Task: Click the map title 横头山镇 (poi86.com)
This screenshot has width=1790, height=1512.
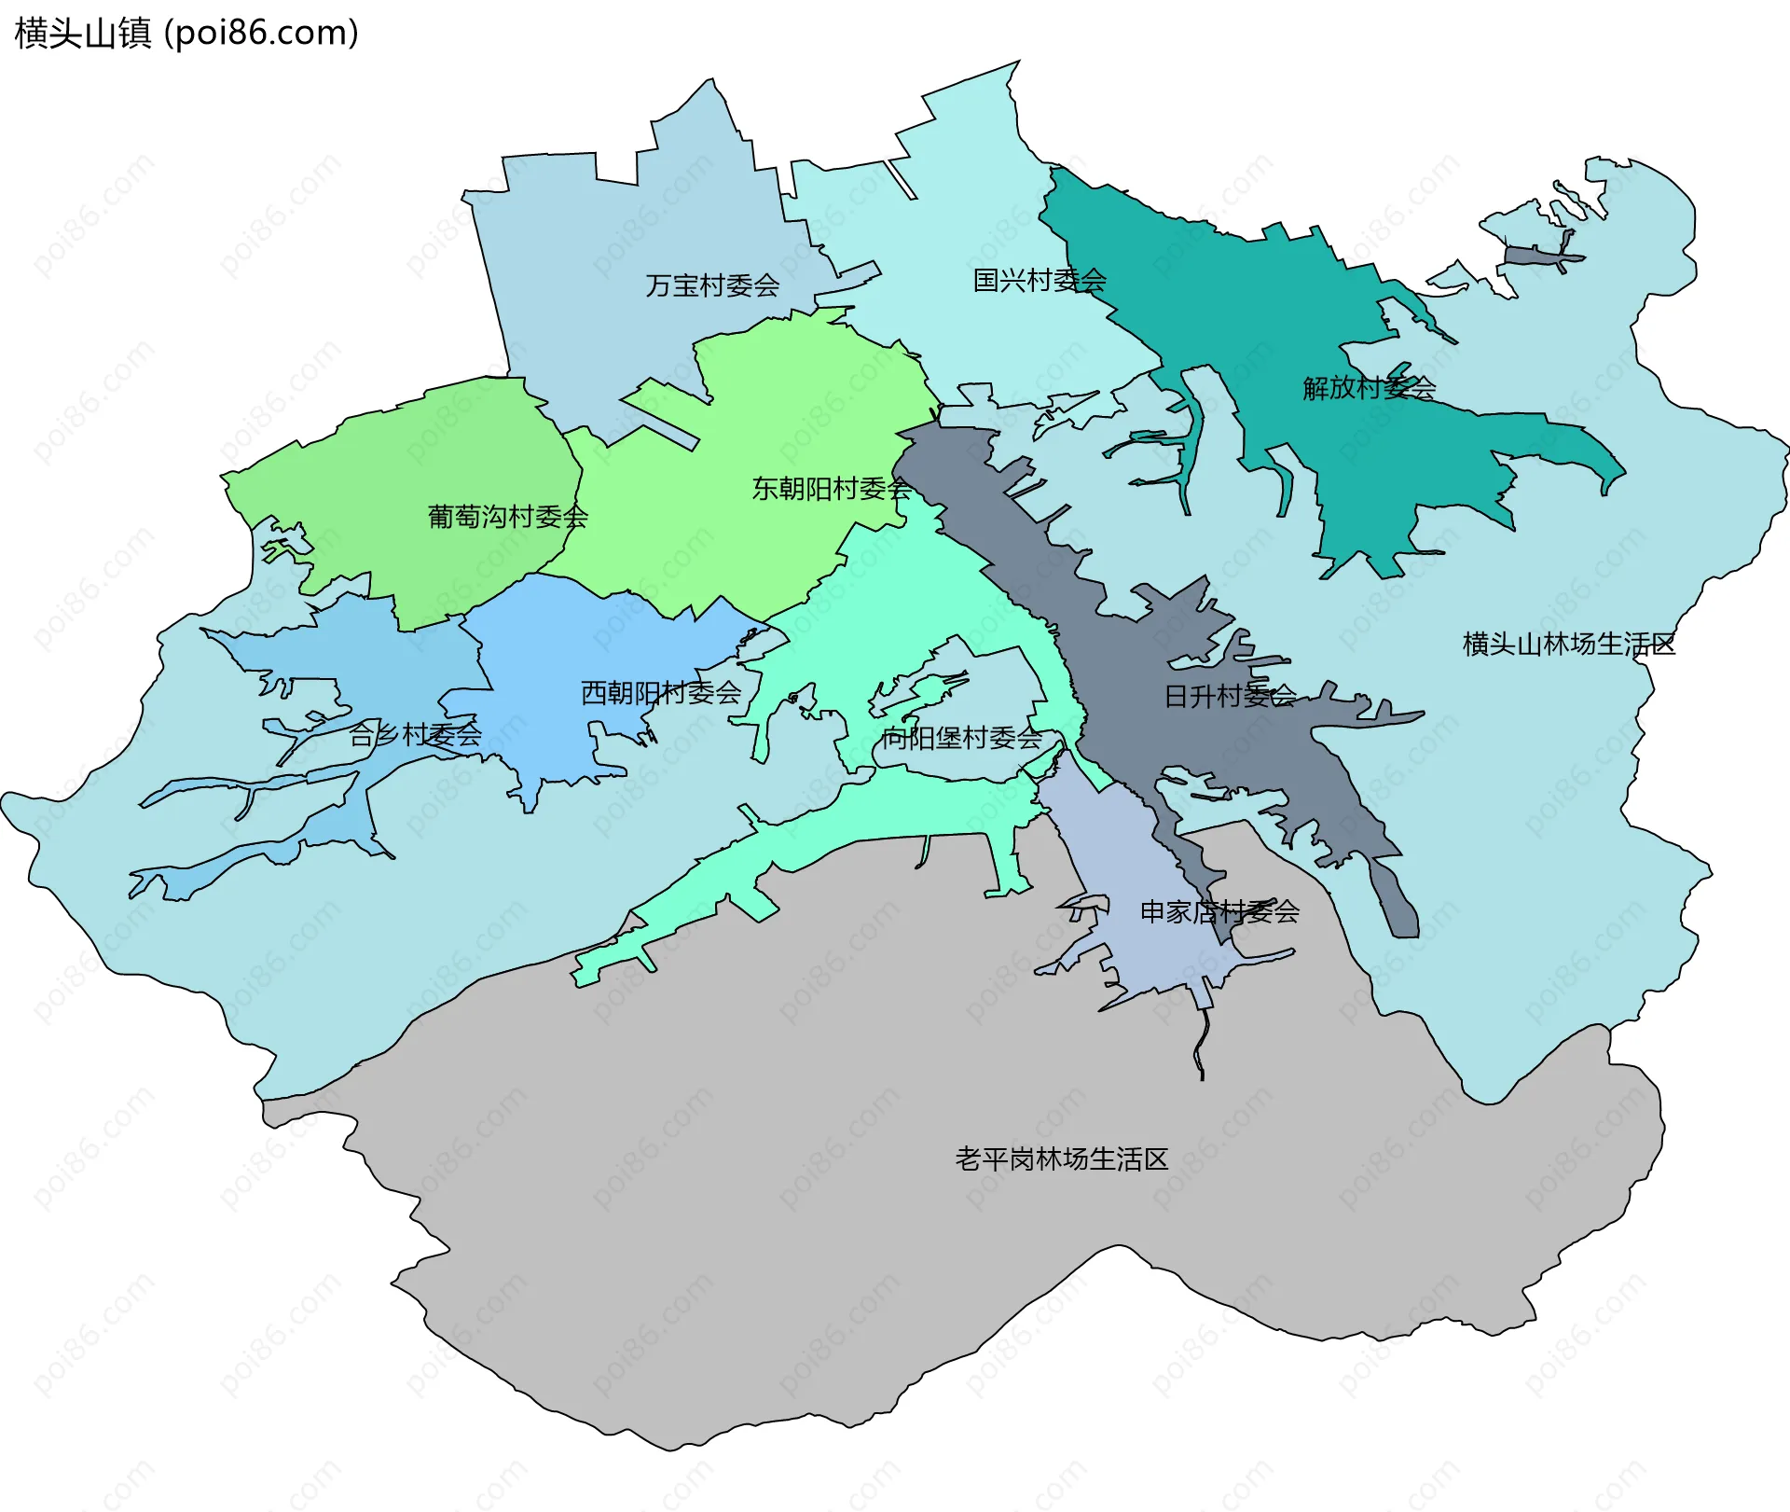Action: pos(186,34)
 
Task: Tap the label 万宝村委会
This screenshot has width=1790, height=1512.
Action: pos(712,285)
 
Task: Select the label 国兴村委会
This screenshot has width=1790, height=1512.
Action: pos(1040,280)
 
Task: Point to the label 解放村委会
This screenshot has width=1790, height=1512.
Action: pos(1369,388)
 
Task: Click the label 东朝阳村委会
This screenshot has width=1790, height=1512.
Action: pos(831,489)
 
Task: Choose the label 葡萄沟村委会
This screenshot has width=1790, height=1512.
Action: pos(508,517)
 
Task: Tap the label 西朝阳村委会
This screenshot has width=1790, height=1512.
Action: pos(660,693)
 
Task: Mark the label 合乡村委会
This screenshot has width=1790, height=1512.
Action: pos(415,735)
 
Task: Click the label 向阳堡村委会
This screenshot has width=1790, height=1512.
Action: pos(962,739)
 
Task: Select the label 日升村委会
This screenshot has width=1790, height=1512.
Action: pos(1230,696)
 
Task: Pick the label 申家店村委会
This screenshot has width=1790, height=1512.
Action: pos(1219,912)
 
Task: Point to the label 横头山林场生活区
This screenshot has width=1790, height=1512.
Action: pos(1569,645)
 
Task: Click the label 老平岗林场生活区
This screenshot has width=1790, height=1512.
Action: pos(1061,1159)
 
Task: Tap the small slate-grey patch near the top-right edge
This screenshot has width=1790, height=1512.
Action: pos(1538,257)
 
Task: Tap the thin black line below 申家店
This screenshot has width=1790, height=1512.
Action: pos(1203,1045)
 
